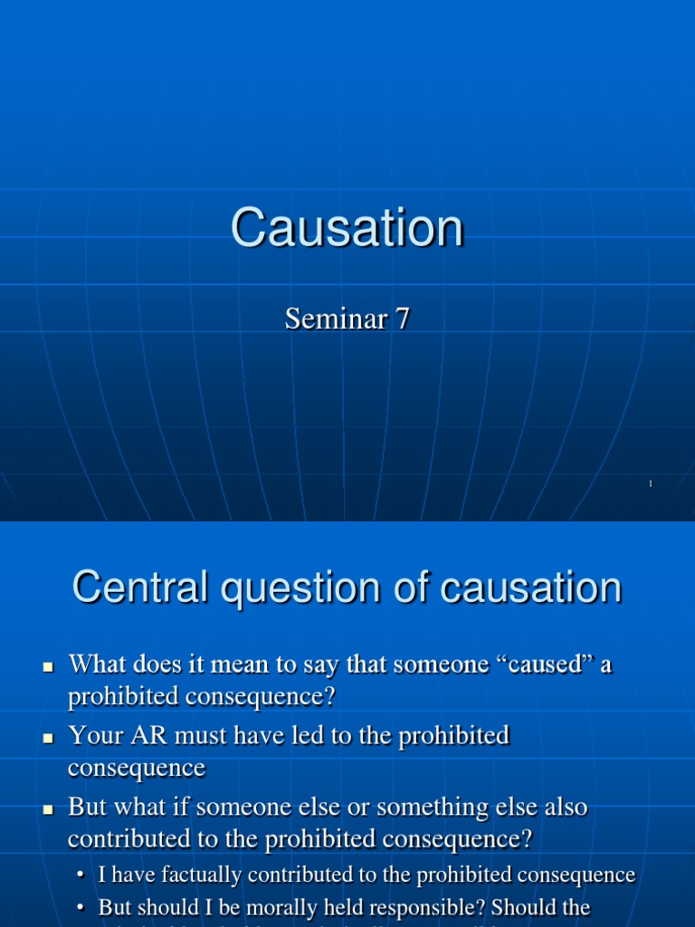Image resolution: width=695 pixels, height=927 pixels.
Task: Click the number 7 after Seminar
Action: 401,319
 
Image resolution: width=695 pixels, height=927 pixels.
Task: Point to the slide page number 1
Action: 651,485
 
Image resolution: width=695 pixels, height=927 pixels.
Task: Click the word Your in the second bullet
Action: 93,735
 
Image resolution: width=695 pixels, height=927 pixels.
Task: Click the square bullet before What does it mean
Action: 50,666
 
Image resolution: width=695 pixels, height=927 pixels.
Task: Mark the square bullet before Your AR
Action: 50,738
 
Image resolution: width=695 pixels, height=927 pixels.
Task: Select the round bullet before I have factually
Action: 82,875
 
